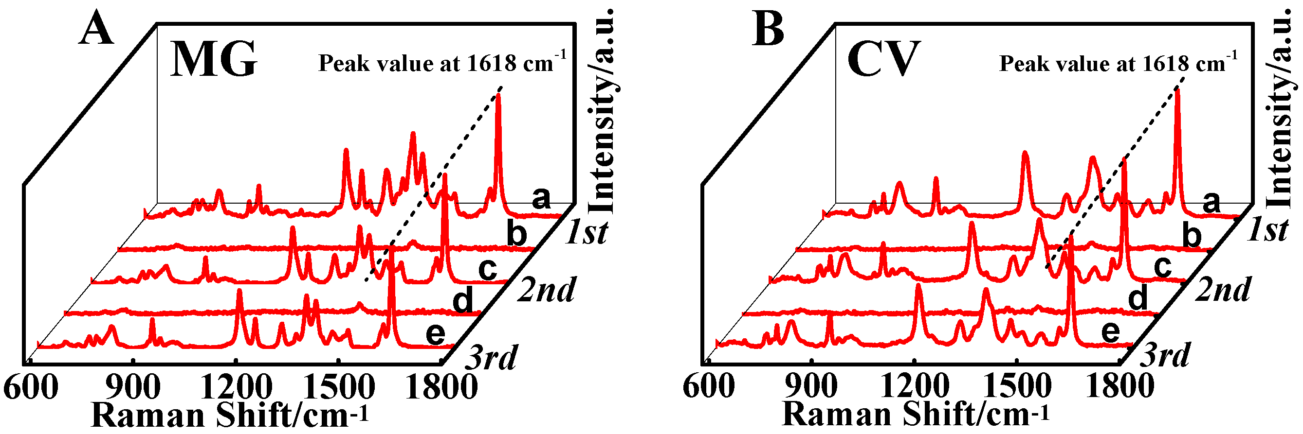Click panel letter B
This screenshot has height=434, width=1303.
tap(768, 29)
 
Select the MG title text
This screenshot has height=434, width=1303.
tap(214, 60)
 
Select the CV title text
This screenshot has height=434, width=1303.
tap(882, 60)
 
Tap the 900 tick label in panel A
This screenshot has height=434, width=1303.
tap(133, 388)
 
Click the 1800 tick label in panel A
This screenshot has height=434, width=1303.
tap(441, 388)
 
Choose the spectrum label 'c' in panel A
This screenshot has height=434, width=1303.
tap(488, 268)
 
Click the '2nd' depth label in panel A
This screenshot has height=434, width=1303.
tap(546, 290)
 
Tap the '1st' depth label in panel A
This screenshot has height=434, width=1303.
tap(587, 233)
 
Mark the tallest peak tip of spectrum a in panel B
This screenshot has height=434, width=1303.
tap(1177, 90)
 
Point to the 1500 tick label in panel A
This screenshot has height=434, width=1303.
tap(339, 388)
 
